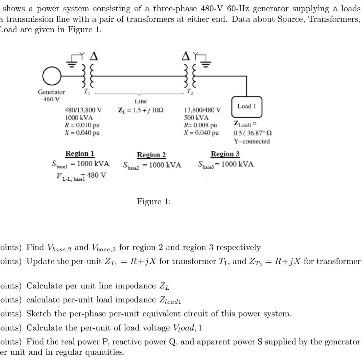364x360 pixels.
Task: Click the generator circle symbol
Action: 50,77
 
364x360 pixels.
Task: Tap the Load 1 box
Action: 247,106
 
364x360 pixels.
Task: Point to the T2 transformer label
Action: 189,91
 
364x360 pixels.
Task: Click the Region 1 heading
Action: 80,154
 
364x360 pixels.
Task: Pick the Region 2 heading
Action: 151,155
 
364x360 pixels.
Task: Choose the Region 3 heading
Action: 225,154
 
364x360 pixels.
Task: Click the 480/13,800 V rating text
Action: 83,110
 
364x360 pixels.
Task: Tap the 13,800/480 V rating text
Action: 202,110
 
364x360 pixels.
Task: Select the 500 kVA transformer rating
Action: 196,118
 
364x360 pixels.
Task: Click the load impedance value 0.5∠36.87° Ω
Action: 252,133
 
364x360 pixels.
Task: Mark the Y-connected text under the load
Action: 252,141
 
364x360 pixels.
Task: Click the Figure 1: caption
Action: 154,201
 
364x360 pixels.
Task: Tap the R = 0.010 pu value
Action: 82,125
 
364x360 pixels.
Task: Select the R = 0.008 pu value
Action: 200,125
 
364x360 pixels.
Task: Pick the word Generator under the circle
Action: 51,92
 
